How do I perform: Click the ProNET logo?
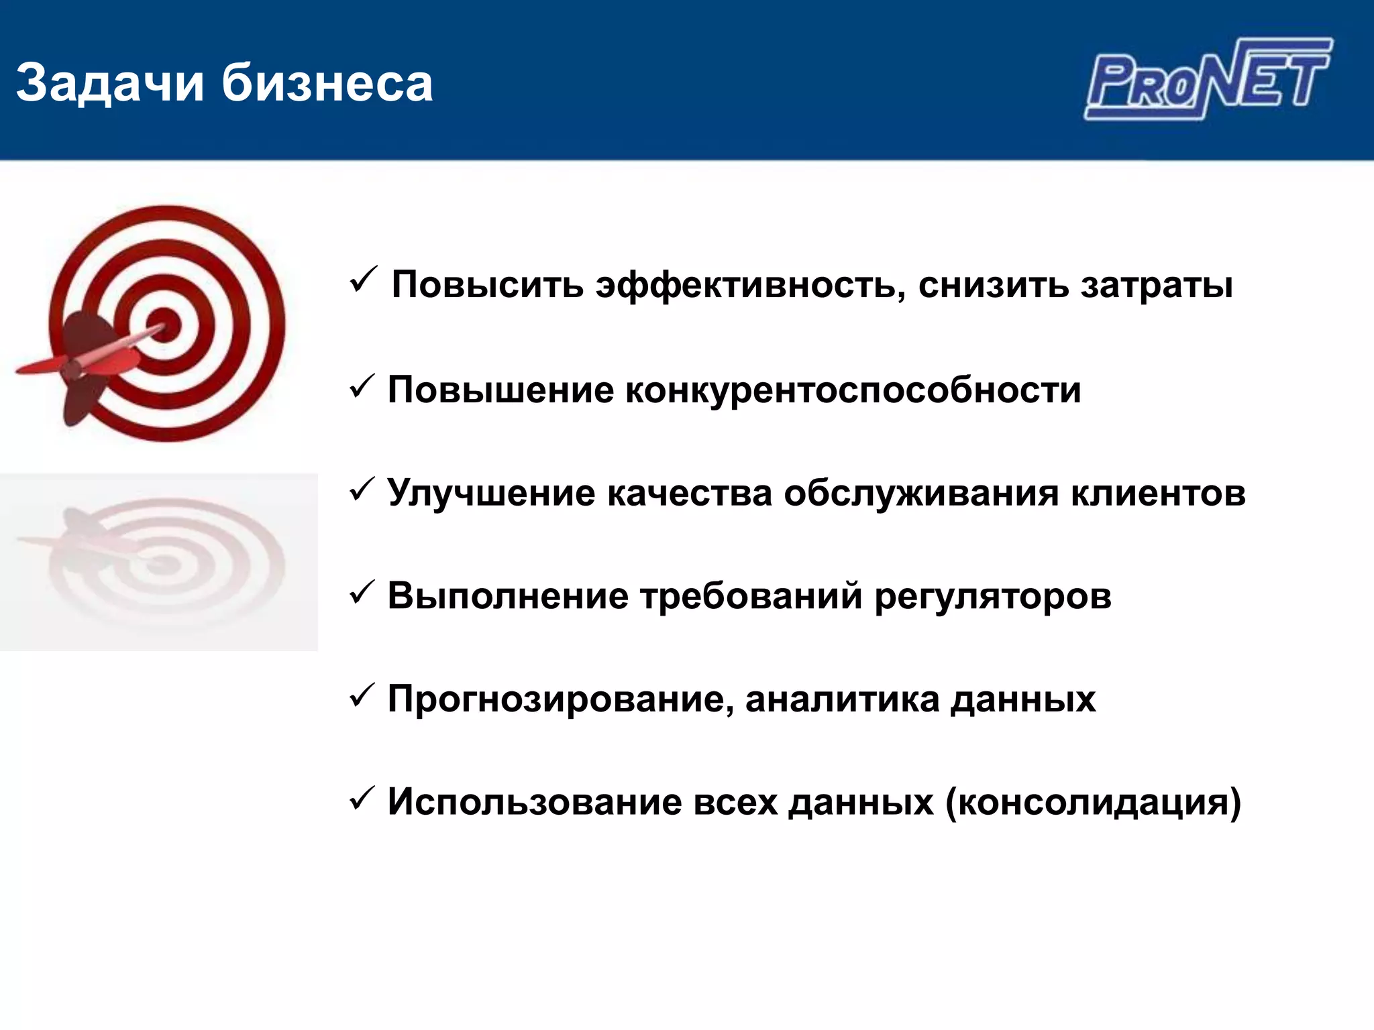tap(1208, 79)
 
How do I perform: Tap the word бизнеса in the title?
tap(327, 83)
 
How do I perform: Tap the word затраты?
tap(1157, 285)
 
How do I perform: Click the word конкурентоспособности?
tap(853, 390)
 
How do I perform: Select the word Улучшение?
tap(491, 493)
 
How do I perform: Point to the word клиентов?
tap(1158, 493)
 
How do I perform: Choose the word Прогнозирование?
tap(556, 699)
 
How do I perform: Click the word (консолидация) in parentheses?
tap(1093, 802)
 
